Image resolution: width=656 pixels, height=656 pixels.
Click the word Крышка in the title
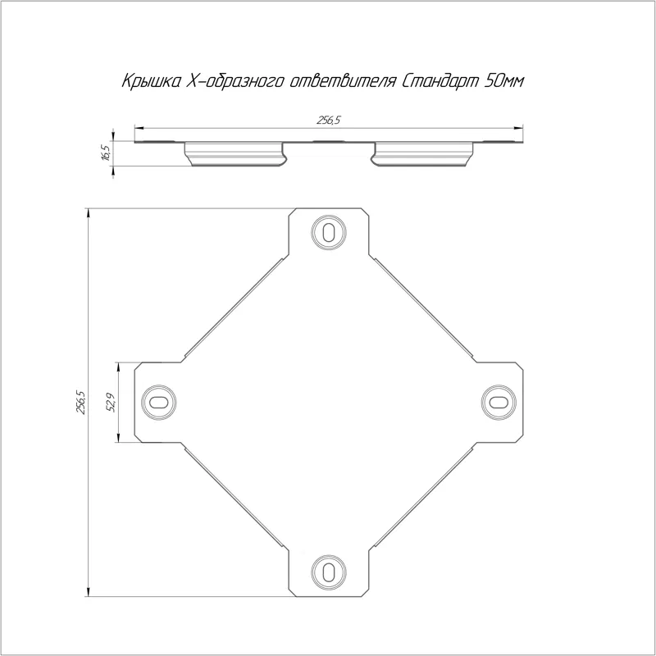151,81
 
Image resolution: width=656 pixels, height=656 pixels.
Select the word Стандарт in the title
440,81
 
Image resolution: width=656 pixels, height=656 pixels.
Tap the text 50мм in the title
503,81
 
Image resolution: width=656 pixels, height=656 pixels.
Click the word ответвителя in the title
342,81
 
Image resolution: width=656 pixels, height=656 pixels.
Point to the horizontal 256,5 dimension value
329,121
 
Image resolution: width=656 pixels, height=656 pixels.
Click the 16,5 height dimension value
106,151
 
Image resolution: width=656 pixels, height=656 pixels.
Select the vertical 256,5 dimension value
80,402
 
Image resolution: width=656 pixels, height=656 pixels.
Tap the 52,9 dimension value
112,402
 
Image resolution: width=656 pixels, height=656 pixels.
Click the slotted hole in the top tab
329,232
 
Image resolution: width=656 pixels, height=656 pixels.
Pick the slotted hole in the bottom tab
329,572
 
